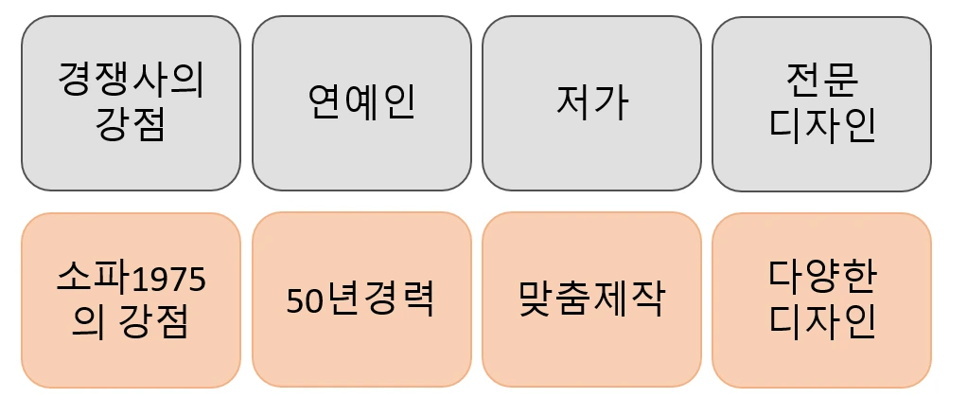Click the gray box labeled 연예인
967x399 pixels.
361,102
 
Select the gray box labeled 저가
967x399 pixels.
592,102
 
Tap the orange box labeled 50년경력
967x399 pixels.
361,299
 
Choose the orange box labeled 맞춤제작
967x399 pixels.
592,299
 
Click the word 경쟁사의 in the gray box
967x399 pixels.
131,82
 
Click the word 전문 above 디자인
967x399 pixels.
821,82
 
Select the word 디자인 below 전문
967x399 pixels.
821,124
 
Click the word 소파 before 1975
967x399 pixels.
91,280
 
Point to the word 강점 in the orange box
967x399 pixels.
151,321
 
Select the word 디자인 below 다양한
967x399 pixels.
821,321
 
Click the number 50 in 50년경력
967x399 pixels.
304,300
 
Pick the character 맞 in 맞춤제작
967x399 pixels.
537,299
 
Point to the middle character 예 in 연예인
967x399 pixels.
361,102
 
